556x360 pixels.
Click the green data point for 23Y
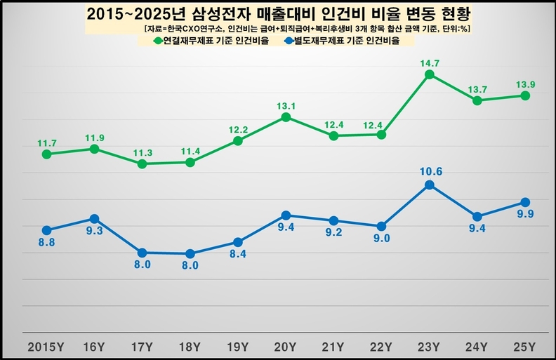[429, 74]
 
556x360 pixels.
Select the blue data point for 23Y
[429, 185]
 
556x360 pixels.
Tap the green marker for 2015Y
[46, 154]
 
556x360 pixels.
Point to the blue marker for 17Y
[142, 253]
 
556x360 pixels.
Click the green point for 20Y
[286, 116]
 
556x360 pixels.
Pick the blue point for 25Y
[524, 202]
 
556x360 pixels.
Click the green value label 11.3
[142, 151]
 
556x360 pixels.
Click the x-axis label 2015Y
[46, 346]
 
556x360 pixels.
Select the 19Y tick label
[238, 346]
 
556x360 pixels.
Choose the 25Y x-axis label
[524, 346]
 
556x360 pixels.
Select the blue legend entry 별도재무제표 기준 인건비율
[349, 41]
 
